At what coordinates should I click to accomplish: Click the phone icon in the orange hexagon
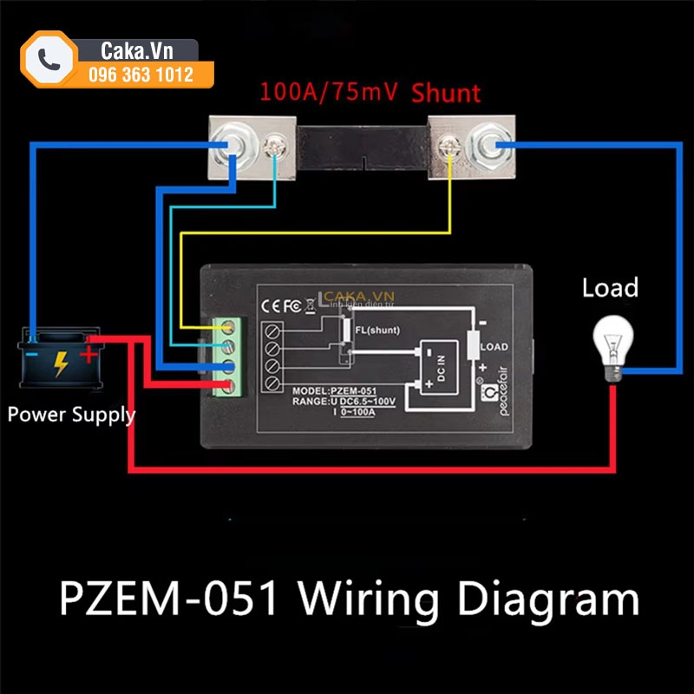pyautogui.click(x=49, y=59)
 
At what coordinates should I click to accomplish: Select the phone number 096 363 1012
pyautogui.click(x=141, y=75)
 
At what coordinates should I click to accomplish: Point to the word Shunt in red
pyautogui.click(x=446, y=93)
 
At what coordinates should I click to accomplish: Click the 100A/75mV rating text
pyautogui.click(x=329, y=92)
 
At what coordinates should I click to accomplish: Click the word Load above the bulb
pyautogui.click(x=610, y=287)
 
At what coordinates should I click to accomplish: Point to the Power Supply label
pyautogui.click(x=71, y=414)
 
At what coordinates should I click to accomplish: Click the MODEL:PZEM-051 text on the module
pyautogui.click(x=333, y=390)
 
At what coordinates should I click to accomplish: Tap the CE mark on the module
pyautogui.click(x=271, y=305)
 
